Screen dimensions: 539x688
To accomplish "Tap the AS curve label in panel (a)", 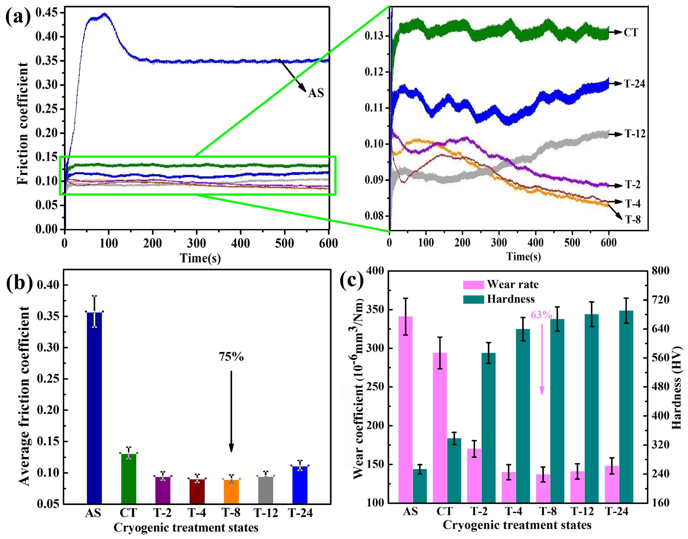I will point(316,93).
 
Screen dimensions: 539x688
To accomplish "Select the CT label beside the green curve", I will point(631,32).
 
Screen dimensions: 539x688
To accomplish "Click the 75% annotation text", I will point(231,357).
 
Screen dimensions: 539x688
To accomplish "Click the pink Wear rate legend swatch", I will point(473,285).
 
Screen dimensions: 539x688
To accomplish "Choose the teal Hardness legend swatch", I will point(473,299).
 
